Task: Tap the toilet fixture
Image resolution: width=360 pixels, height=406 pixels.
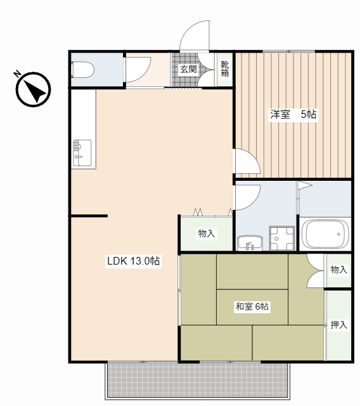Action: pyautogui.click(x=82, y=69)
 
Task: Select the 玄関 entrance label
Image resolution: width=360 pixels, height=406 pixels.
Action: pyautogui.click(x=188, y=69)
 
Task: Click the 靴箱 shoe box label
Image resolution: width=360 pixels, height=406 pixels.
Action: pyautogui.click(x=225, y=69)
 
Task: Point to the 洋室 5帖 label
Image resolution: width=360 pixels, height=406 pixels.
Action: pyautogui.click(x=293, y=115)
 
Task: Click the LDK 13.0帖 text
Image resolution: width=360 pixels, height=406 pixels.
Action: pyautogui.click(x=133, y=261)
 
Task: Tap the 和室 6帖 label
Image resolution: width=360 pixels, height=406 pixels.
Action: pyautogui.click(x=252, y=307)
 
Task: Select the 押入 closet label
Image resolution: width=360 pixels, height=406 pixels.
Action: pyautogui.click(x=338, y=325)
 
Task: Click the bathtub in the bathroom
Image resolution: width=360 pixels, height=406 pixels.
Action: pyautogui.click(x=325, y=234)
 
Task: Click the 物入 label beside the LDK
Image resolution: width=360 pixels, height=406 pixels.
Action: pyautogui.click(x=207, y=233)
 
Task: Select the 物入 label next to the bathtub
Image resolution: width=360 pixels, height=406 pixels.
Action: pyautogui.click(x=338, y=270)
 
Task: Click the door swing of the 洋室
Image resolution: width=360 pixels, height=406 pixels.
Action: pyautogui.click(x=246, y=162)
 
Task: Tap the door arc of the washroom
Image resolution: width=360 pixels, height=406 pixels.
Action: pyautogui.click(x=246, y=197)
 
